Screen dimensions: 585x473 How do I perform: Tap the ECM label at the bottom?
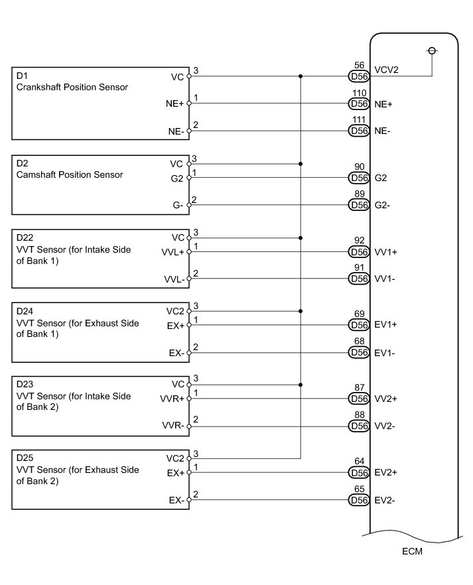pyautogui.click(x=411, y=551)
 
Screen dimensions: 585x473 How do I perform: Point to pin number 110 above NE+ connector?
pyautogui.click(x=359, y=94)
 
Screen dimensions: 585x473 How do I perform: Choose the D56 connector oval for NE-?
pyautogui.click(x=359, y=131)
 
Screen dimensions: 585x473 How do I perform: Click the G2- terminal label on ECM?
pyautogui.click(x=382, y=205)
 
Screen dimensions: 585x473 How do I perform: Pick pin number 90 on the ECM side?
pyautogui.click(x=359, y=167)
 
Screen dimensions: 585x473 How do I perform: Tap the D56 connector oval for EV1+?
pyautogui.click(x=359, y=325)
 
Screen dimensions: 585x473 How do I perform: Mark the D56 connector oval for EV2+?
pyautogui.click(x=359, y=472)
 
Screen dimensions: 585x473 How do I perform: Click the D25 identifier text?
pyautogui.click(x=25, y=458)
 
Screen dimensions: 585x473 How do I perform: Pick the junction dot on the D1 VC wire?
pyautogui.click(x=301, y=76)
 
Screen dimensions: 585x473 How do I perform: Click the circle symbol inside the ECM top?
pyautogui.click(x=433, y=51)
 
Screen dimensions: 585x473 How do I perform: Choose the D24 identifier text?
pyautogui.click(x=25, y=310)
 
